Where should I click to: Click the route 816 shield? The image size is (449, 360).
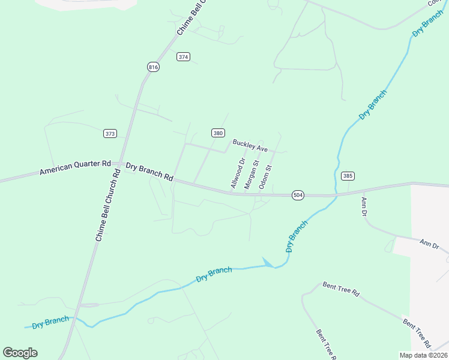(x=153, y=67)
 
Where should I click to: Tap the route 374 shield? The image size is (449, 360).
(x=183, y=57)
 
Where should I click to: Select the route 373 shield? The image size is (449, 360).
(x=110, y=133)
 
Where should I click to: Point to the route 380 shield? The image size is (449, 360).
(x=218, y=133)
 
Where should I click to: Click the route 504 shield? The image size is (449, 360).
(x=298, y=195)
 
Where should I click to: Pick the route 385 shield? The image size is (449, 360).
(x=348, y=176)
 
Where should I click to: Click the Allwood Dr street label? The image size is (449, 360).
(x=238, y=173)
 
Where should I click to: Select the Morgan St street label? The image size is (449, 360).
(x=252, y=175)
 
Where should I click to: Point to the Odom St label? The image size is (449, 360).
(x=265, y=177)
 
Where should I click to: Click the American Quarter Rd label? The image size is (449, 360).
(x=76, y=167)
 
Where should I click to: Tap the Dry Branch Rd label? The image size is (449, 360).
(x=149, y=171)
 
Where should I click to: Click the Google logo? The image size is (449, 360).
(x=20, y=353)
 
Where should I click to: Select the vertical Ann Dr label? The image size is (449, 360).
(x=363, y=206)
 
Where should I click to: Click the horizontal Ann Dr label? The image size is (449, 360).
(x=429, y=244)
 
